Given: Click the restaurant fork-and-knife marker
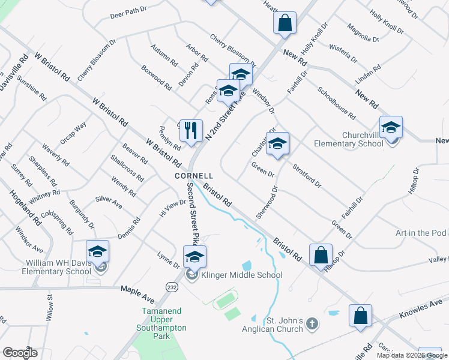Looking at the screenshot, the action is pos(191,130).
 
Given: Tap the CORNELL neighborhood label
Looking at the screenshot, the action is pos(194,176).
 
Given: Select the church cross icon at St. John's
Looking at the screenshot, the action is pos(311,324).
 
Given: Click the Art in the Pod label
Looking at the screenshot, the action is pos(421,233).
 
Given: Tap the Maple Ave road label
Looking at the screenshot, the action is pos(137,292).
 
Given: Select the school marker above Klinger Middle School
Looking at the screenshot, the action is pos(194,257).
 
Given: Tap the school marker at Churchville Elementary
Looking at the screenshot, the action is pos(391,127).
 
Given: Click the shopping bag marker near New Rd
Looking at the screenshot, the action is pos(285,23).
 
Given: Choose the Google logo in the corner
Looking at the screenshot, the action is pos(19,352).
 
